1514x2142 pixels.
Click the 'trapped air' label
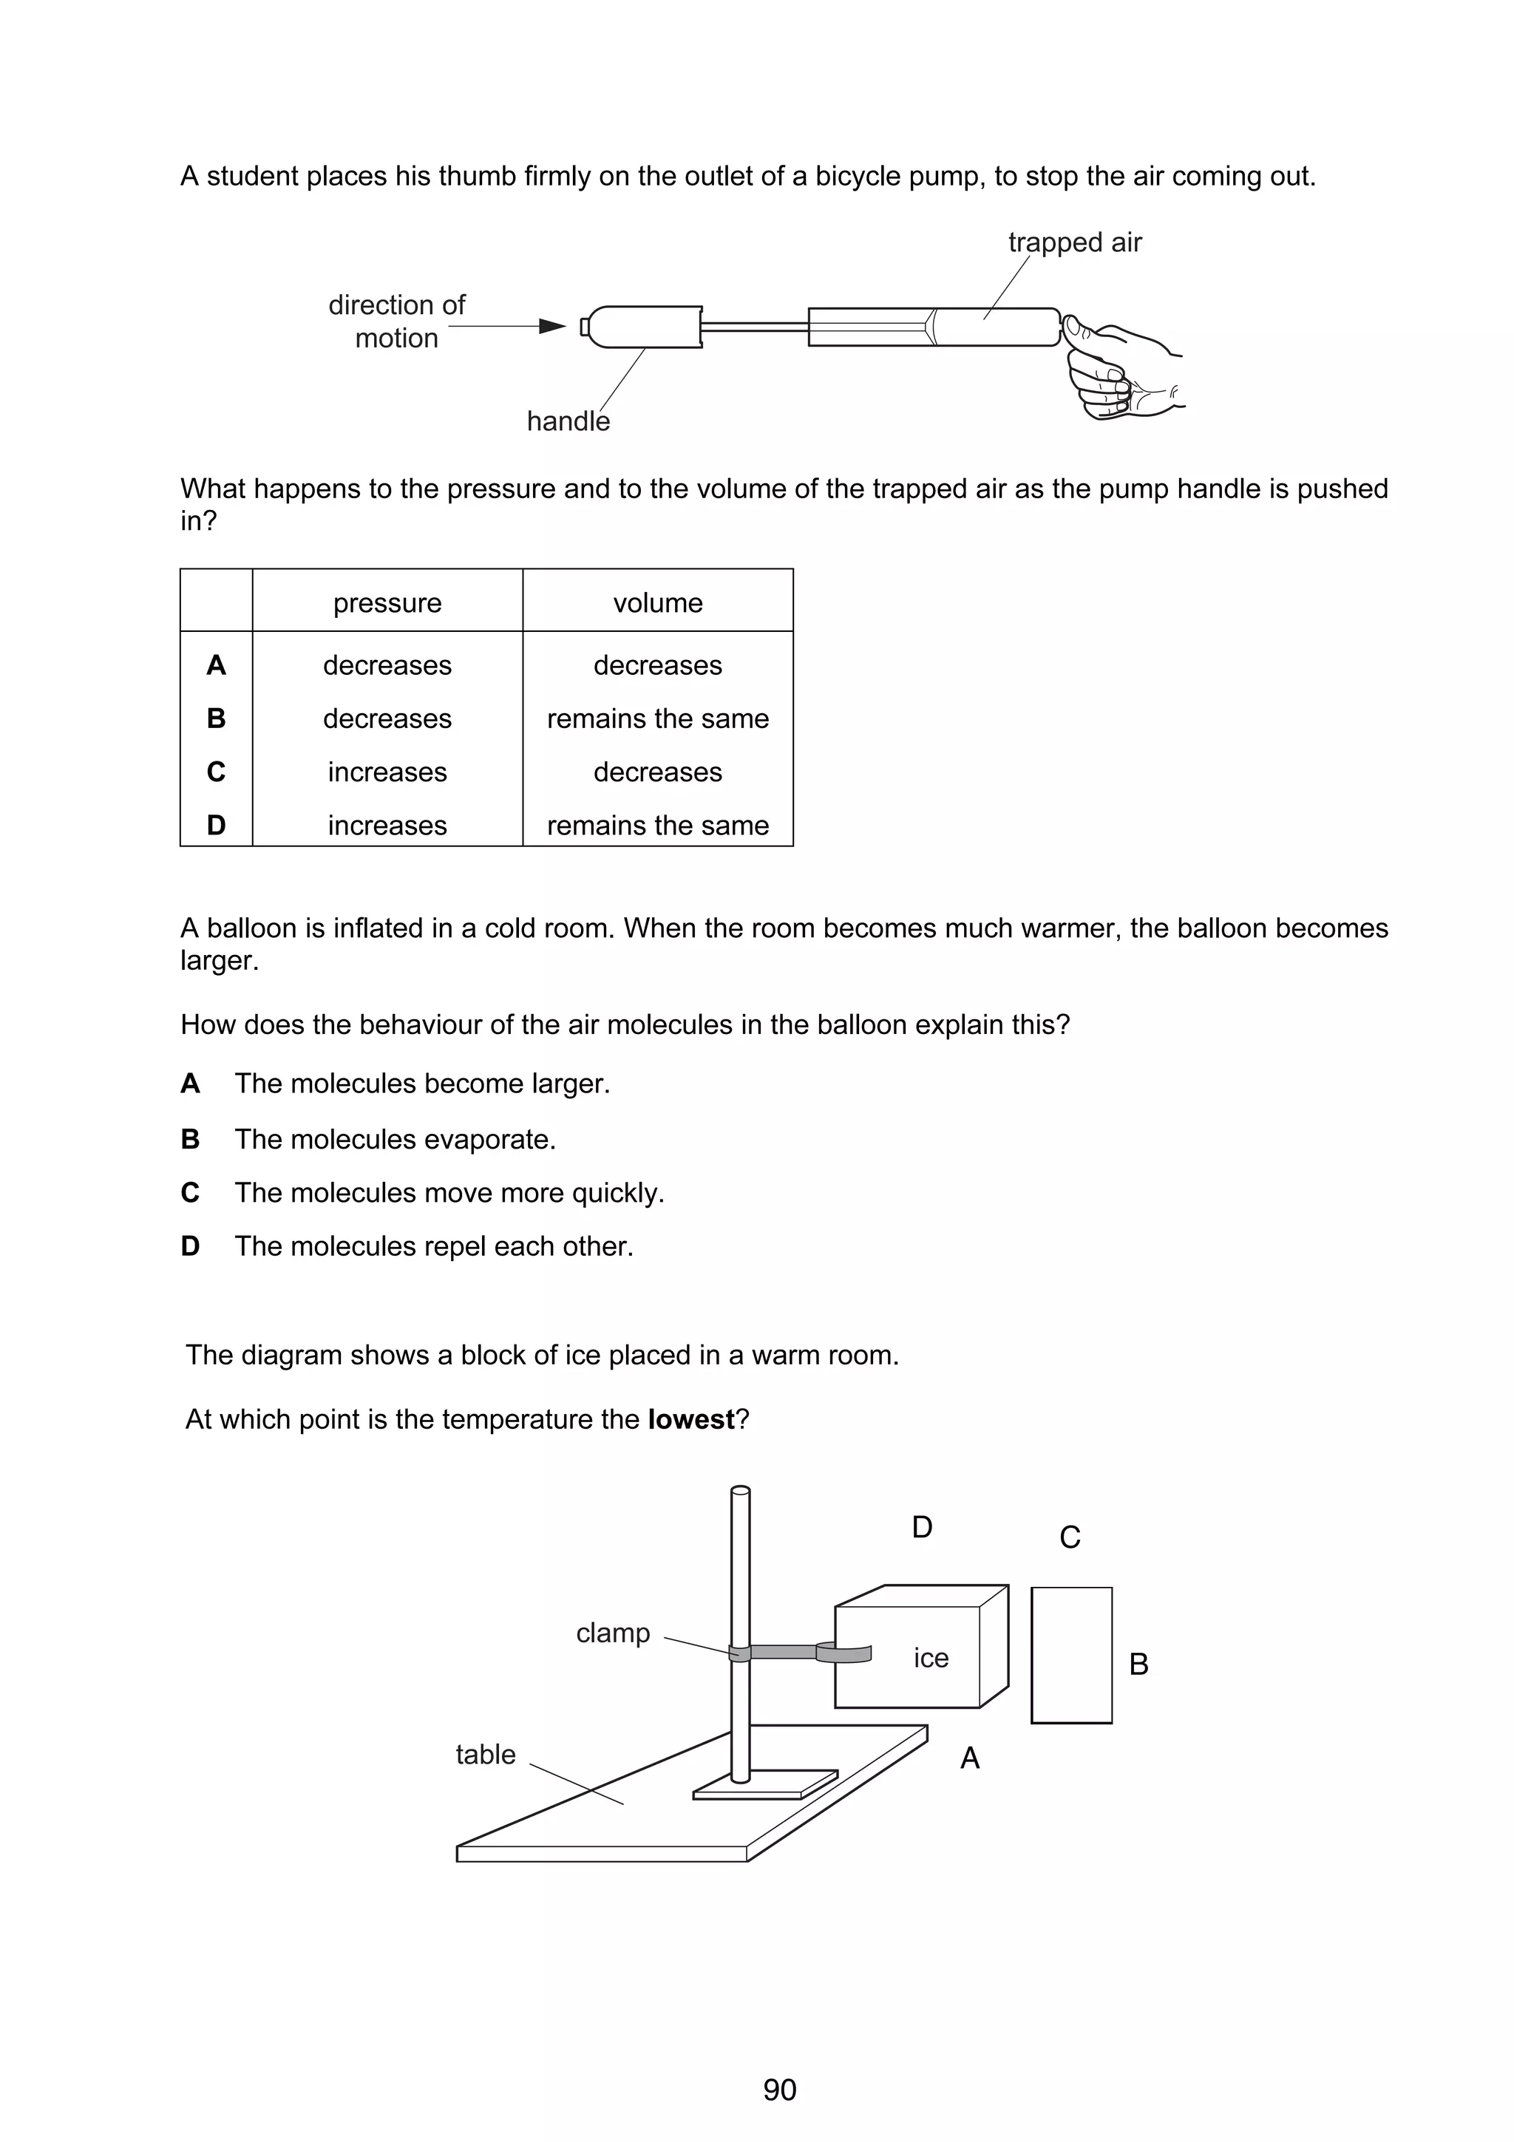pyautogui.click(x=1075, y=242)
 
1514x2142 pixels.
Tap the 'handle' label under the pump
pyautogui.click(x=568, y=422)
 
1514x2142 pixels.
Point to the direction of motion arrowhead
pyautogui.click(x=553, y=327)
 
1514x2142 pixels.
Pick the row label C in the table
pyautogui.click(x=215, y=772)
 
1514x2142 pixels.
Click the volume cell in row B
pyautogui.click(x=658, y=718)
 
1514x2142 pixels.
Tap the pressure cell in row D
pyautogui.click(x=387, y=826)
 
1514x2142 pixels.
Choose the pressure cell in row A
pyautogui.click(x=387, y=665)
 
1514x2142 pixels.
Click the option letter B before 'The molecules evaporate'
pyautogui.click(x=190, y=1139)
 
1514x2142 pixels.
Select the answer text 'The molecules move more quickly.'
pyautogui.click(x=449, y=1193)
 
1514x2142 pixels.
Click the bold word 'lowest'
pyautogui.click(x=691, y=1420)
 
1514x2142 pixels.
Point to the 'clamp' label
pyautogui.click(x=613, y=1633)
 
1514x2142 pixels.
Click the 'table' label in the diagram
pyautogui.click(x=485, y=1755)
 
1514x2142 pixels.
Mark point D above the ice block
pyautogui.click(x=922, y=1528)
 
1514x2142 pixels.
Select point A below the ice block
pyautogui.click(x=969, y=1758)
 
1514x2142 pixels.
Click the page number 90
pyautogui.click(x=779, y=2090)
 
